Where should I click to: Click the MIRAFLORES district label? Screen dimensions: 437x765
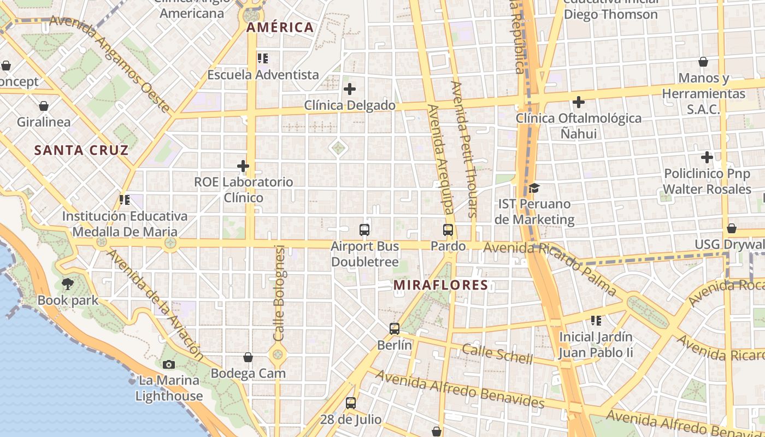click(440, 285)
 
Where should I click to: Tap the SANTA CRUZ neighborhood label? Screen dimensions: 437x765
click(81, 150)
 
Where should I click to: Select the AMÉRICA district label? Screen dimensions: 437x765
click(280, 27)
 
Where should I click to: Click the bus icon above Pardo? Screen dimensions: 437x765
click(448, 230)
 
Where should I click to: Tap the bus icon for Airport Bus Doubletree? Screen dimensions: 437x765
click(364, 230)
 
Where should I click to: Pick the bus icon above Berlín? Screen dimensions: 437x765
click(395, 329)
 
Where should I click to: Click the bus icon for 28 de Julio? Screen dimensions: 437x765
click(351, 403)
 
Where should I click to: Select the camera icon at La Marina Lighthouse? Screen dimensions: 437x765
click(169, 364)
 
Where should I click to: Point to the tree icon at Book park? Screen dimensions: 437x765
click(68, 284)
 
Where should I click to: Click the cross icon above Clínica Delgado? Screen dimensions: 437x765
click(350, 88)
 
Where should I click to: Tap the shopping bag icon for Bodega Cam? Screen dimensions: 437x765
click(248, 357)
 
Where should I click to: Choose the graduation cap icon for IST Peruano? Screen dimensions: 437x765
click(534, 188)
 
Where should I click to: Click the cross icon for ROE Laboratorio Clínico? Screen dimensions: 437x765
click(243, 166)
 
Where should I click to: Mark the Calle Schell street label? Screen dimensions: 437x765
click(497, 353)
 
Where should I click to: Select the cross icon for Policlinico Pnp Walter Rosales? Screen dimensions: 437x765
click(707, 157)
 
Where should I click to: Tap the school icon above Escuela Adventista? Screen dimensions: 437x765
click(263, 58)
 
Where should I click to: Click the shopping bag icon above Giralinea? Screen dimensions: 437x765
click(44, 106)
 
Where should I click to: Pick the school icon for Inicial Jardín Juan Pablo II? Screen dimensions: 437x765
click(596, 321)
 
